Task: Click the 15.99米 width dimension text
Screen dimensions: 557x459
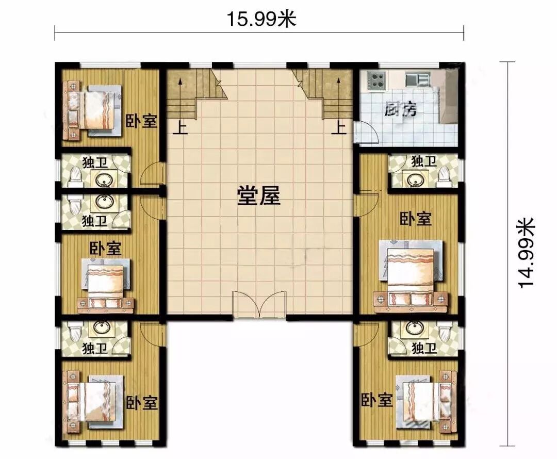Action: (x=261, y=19)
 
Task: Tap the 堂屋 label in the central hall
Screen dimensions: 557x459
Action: (x=258, y=196)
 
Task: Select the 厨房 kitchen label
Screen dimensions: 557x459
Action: (x=400, y=109)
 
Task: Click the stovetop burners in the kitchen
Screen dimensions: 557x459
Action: (x=376, y=80)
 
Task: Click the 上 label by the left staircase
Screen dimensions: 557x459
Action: (x=181, y=128)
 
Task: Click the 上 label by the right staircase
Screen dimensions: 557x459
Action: (x=339, y=128)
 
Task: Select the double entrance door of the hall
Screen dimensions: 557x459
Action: (x=259, y=305)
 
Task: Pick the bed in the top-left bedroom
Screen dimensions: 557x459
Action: (x=92, y=110)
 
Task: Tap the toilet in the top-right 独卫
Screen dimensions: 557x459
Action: (x=444, y=176)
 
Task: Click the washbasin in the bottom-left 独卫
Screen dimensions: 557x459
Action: (x=103, y=329)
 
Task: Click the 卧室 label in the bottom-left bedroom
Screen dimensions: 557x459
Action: (x=142, y=402)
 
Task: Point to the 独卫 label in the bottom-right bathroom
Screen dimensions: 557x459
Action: (x=424, y=348)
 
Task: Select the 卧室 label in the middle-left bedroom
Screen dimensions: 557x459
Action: (x=105, y=249)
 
